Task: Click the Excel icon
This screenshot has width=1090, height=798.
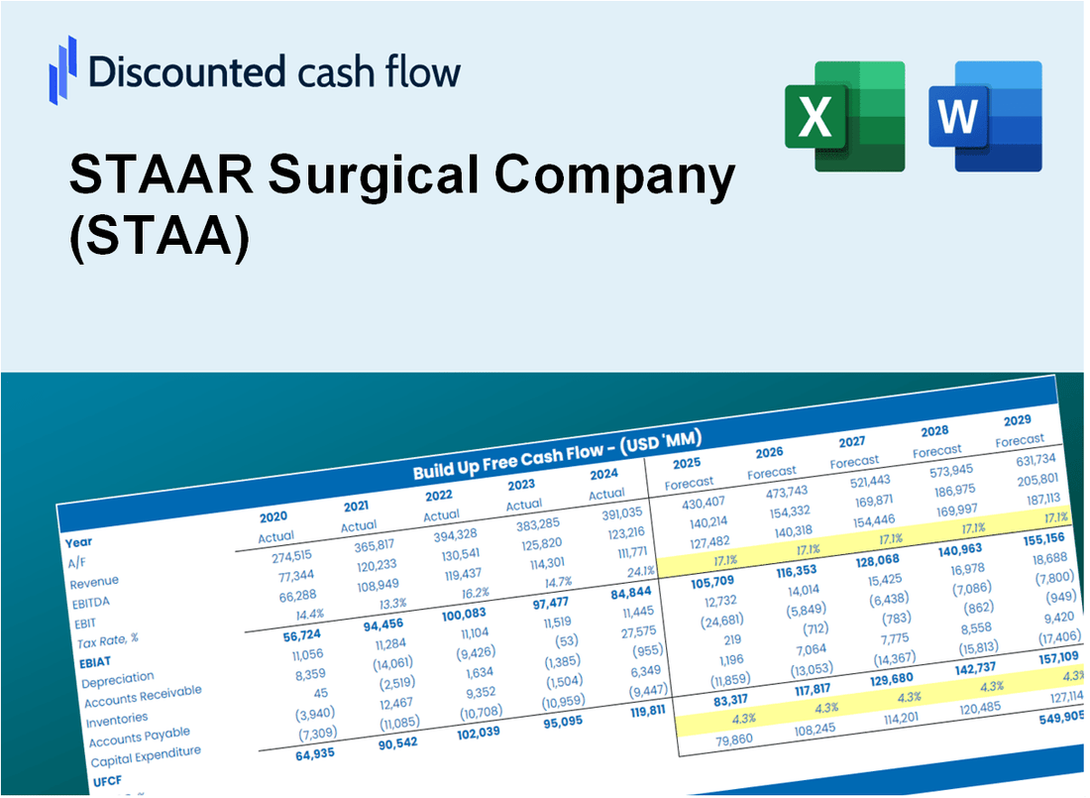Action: click(844, 115)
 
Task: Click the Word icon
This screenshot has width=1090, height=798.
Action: click(985, 116)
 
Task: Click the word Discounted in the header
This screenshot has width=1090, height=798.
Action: click(187, 72)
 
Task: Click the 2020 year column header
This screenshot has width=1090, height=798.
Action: click(273, 516)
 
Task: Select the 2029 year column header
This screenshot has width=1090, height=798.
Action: click(1017, 420)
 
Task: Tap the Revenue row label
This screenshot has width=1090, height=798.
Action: click(94, 581)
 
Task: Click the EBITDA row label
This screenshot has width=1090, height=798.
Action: click(90, 602)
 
